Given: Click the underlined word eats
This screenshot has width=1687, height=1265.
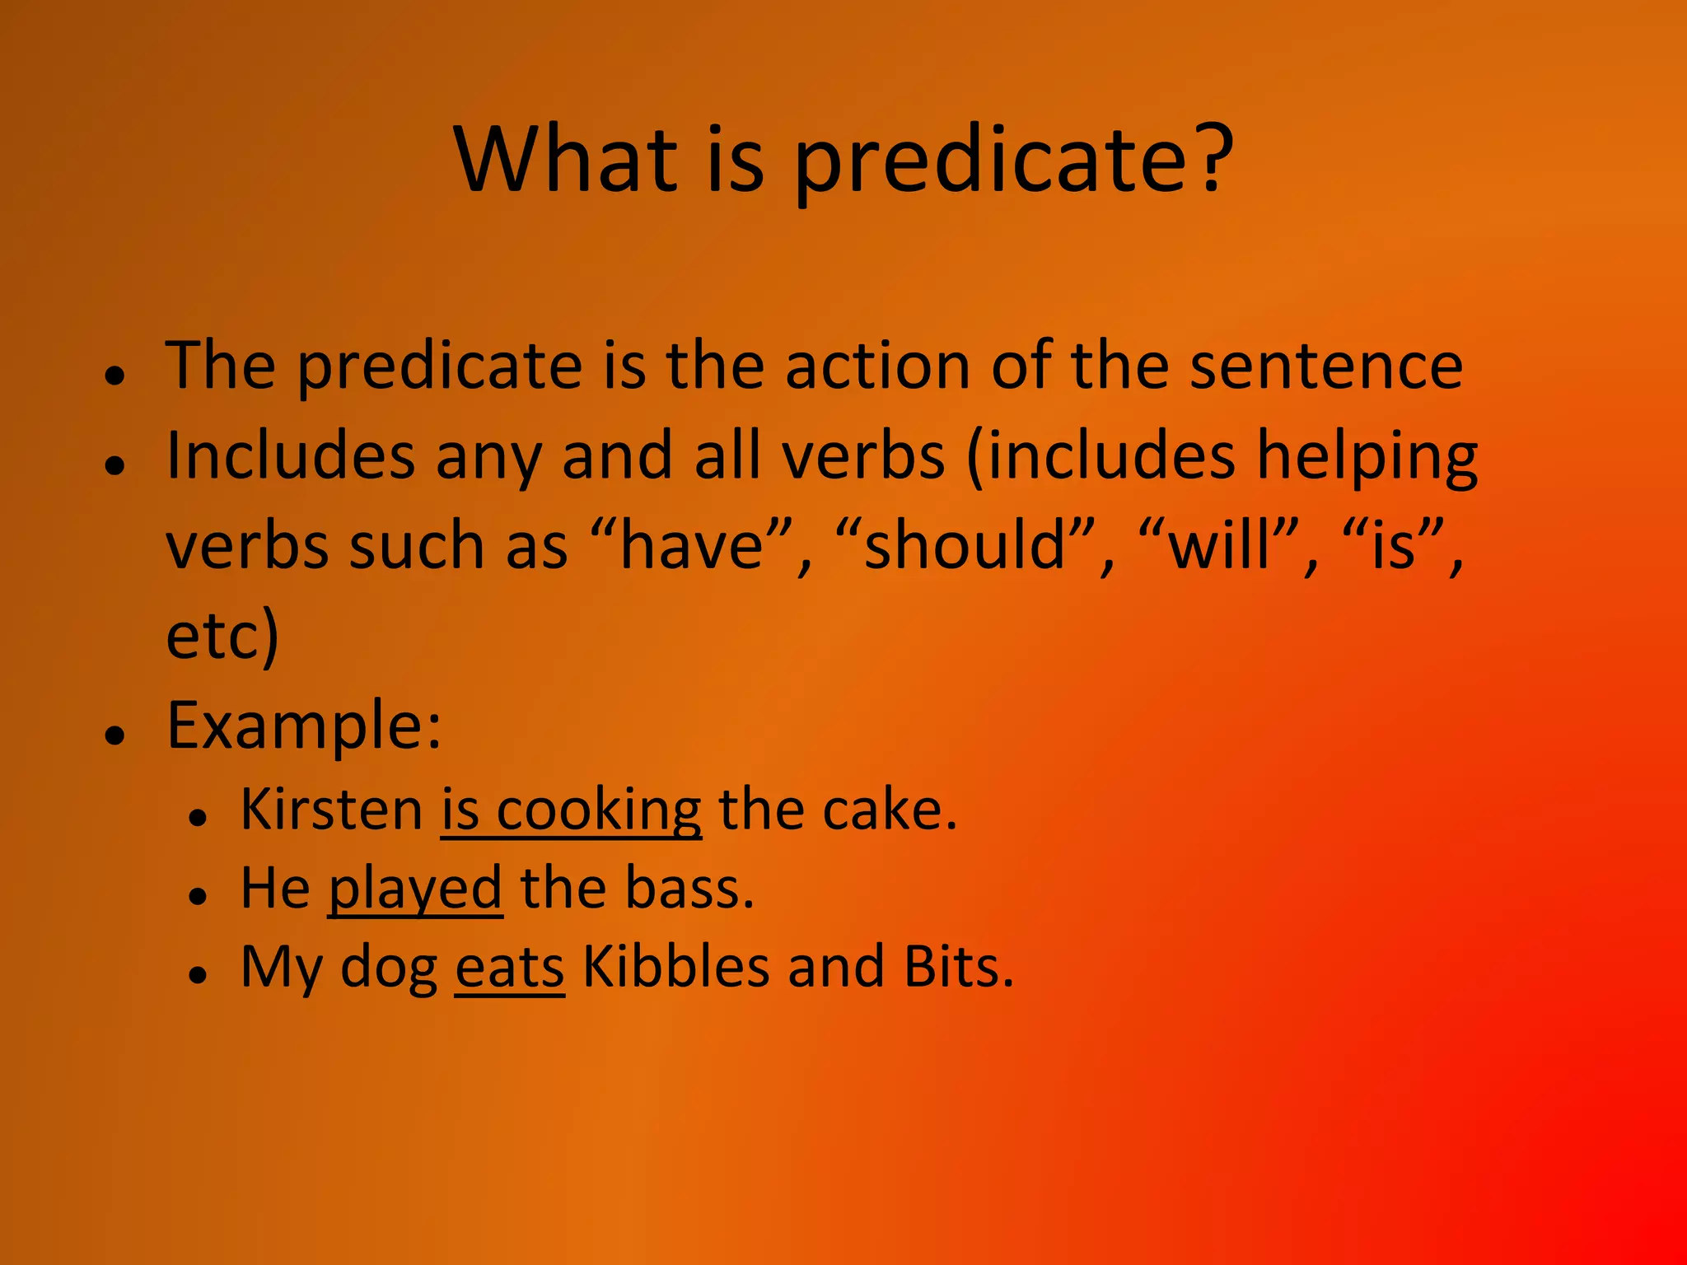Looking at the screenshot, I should (510, 967).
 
